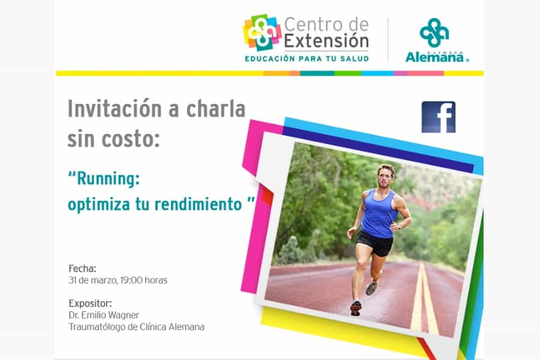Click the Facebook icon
pyautogui.click(x=439, y=117)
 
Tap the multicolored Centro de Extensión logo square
pyautogui.click(x=262, y=32)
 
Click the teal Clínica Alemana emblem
pyautogui.click(x=434, y=33)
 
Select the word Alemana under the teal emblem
pyautogui.click(x=435, y=57)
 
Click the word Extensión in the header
pyautogui.click(x=326, y=41)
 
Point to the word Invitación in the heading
pyautogui.click(x=115, y=109)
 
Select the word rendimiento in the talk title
pyautogui.click(x=199, y=204)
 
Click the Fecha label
pyautogui.click(x=82, y=268)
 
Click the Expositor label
pyautogui.click(x=90, y=304)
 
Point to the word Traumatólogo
pyautogui.click(x=97, y=327)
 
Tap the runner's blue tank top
pyautogui.click(x=379, y=214)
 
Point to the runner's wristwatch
pyautogui.click(x=399, y=227)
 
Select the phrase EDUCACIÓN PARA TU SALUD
pyautogui.click(x=307, y=59)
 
